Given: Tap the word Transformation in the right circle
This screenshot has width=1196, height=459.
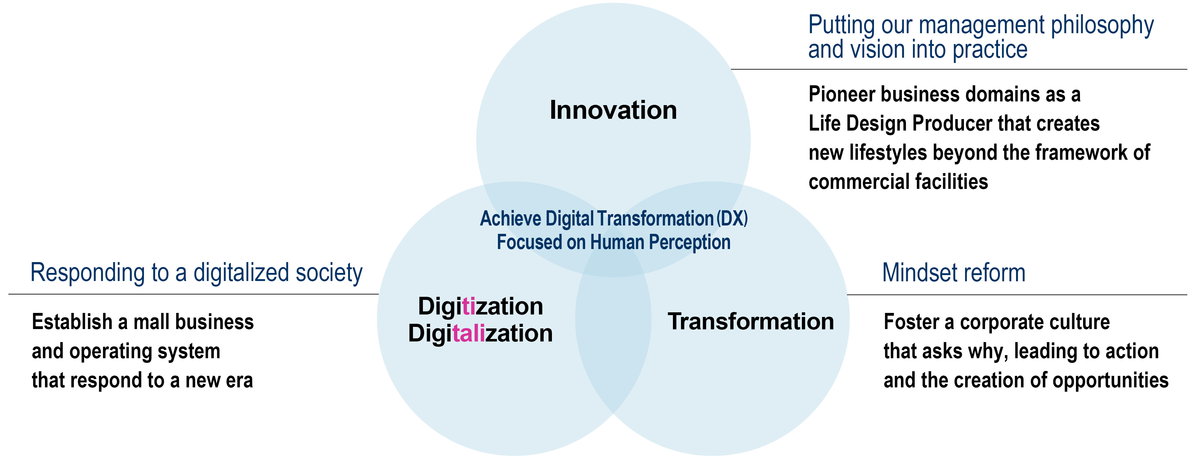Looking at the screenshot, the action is [751, 321].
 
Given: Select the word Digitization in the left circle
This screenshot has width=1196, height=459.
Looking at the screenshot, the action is [481, 307].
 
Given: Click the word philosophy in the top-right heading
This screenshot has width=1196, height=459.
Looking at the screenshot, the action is [1102, 25].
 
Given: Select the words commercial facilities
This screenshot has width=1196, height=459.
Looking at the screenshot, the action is [898, 181].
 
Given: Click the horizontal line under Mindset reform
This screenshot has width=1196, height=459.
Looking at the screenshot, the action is [1017, 295].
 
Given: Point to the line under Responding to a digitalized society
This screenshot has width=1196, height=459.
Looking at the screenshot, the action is [194, 294].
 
